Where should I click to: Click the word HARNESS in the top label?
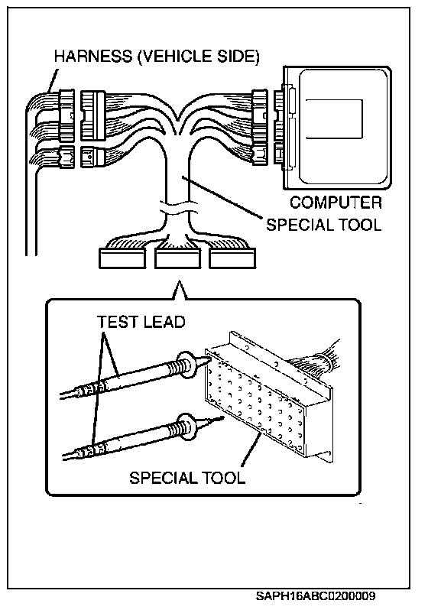point(93,57)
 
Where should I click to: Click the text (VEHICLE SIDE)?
point(199,57)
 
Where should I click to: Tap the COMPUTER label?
point(336,203)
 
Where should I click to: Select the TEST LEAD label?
point(141,322)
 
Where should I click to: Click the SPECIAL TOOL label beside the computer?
point(324,225)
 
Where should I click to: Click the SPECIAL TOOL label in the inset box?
point(187,478)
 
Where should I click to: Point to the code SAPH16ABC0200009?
point(316,595)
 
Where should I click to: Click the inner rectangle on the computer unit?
point(334,118)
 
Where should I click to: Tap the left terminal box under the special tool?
point(122,258)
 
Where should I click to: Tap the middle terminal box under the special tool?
point(178,258)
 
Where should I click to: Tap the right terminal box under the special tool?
point(232,258)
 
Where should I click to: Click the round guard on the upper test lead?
point(186,365)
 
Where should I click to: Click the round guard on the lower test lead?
point(186,427)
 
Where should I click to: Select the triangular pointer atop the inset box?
point(178,290)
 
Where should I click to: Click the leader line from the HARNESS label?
point(53,80)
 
